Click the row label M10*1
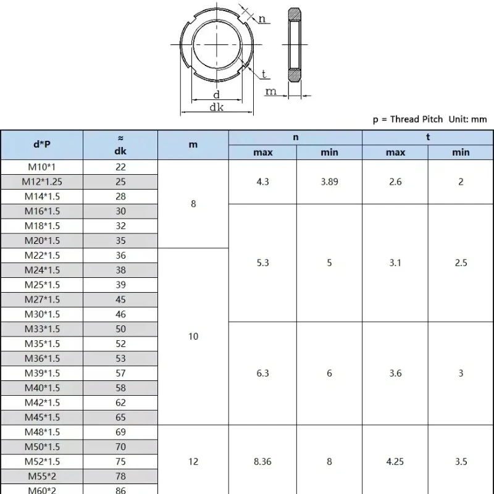coord(42,167)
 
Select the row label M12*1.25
coord(42,182)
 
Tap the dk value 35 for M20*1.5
coord(120,241)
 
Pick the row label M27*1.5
coord(42,299)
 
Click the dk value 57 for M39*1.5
coord(120,373)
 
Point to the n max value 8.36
coord(262,461)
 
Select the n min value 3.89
coord(329,182)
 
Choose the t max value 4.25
coord(395,461)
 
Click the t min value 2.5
coord(461,262)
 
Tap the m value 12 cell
coord(193,461)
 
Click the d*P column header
coord(42,144)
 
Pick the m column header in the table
coord(193,144)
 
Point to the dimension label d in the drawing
coord(216,94)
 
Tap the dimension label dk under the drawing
coord(216,107)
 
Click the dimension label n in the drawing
coord(262,19)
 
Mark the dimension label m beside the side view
coord(271,91)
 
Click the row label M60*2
coord(42,490)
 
